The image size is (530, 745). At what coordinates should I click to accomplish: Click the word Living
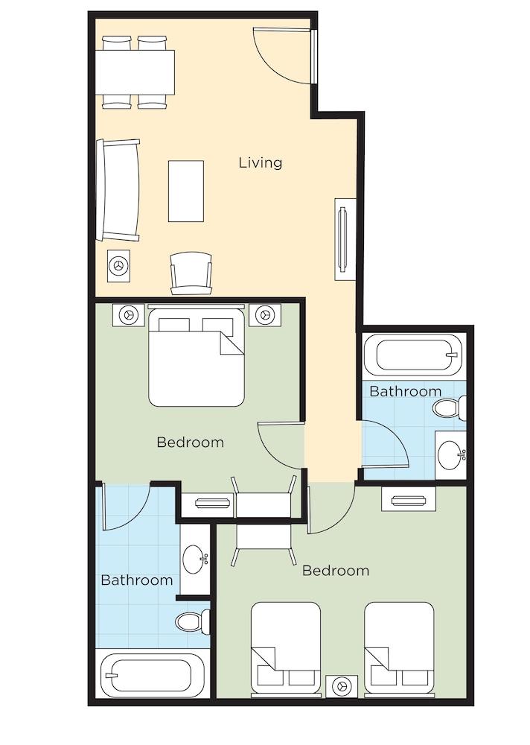pyautogui.click(x=261, y=162)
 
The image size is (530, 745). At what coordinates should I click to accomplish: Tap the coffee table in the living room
pyautogui.click(x=186, y=191)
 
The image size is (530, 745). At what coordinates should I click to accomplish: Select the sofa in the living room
pyautogui.click(x=118, y=190)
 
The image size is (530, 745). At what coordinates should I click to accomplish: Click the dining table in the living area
pyautogui.click(x=135, y=72)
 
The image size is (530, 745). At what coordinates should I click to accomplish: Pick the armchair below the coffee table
pyautogui.click(x=191, y=273)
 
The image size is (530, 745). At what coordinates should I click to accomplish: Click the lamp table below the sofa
pyautogui.click(x=118, y=266)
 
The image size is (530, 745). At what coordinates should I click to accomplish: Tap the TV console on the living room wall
pyautogui.click(x=345, y=238)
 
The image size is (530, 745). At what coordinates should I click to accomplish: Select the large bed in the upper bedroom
pyautogui.click(x=197, y=356)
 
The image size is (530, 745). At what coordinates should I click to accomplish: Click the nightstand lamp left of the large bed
pyautogui.click(x=128, y=314)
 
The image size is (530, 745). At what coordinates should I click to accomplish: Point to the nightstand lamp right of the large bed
pyautogui.click(x=265, y=314)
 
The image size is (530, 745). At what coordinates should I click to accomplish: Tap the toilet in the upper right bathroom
pyautogui.click(x=448, y=408)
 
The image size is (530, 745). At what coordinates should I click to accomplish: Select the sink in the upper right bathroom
pyautogui.click(x=450, y=455)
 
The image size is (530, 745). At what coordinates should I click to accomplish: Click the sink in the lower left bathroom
pyautogui.click(x=195, y=559)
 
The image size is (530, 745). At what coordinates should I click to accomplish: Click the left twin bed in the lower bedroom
pyautogui.click(x=286, y=648)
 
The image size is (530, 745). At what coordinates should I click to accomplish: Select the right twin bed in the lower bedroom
pyautogui.click(x=400, y=648)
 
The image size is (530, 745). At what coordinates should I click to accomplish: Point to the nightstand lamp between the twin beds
pyautogui.click(x=342, y=685)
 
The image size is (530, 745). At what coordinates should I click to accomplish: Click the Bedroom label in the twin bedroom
pyautogui.click(x=336, y=570)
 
